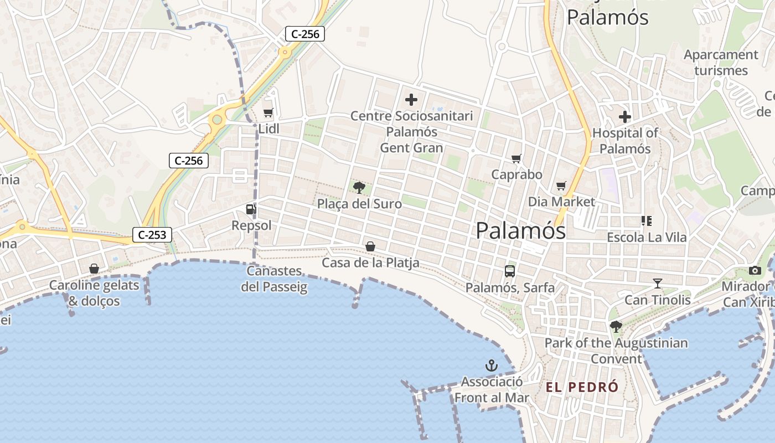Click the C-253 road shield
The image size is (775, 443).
pos(152,235)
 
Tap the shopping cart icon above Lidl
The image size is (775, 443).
pos(268,113)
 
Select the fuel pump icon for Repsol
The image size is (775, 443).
pos(251,209)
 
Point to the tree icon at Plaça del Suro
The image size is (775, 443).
pos(359,187)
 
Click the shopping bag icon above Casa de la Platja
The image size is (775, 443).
pos(370,246)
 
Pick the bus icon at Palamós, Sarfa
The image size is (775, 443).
pos(510,271)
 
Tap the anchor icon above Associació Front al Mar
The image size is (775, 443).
pos(491,365)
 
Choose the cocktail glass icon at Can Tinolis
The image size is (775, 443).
pos(657,284)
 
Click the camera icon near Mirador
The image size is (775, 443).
pos(755,270)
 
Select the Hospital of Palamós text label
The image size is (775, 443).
pos(626,141)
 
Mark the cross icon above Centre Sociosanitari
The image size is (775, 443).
pos(411,100)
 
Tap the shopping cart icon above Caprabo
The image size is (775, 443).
pos(516,159)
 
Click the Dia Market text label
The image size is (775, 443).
pos(561,202)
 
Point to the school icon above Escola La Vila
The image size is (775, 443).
pos(646,221)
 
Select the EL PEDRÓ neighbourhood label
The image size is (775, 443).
pos(582,387)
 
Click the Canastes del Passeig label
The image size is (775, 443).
pos(275,279)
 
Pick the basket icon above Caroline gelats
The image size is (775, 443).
pos(94,269)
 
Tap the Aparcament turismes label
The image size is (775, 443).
pos(721,63)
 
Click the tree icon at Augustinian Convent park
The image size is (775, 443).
pos(616,326)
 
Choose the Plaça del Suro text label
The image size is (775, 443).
pos(359,204)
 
